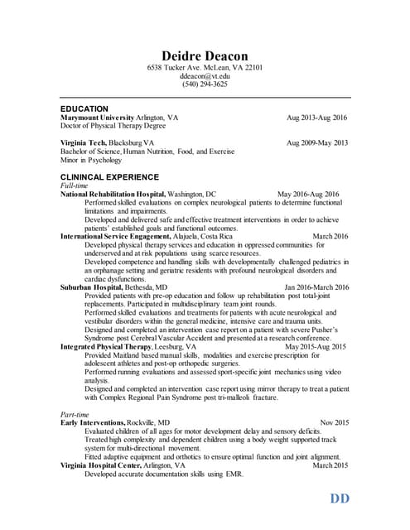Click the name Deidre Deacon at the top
click(204, 55)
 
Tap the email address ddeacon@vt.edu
click(204, 75)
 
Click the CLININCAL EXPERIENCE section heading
click(109, 177)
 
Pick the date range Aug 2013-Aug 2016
click(316, 118)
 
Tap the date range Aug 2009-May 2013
click(317, 143)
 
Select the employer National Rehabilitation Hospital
click(113, 194)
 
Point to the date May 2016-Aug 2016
click(308, 194)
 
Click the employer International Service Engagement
click(115, 236)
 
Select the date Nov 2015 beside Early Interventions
click(334, 422)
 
